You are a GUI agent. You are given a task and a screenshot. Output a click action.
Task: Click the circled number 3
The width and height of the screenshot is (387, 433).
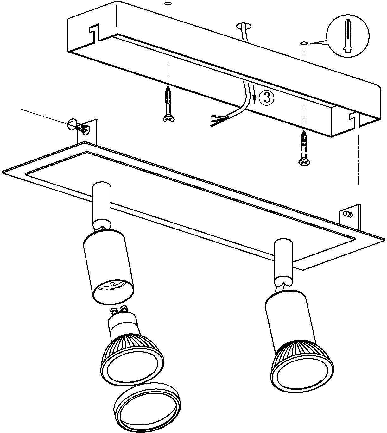pyautogui.click(x=266, y=98)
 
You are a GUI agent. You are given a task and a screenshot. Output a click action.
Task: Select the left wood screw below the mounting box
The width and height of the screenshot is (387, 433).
pyautogui.click(x=168, y=104)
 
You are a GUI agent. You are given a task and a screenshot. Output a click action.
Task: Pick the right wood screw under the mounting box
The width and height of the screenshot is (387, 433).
pyautogui.click(x=304, y=148)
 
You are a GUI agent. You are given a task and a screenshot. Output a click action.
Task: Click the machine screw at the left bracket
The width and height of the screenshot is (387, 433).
pyautogui.click(x=79, y=127)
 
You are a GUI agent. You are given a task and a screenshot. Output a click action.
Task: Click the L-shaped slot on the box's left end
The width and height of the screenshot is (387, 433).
pyautogui.click(x=94, y=32)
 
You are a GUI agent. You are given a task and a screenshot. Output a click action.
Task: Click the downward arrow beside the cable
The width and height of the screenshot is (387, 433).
pyautogui.click(x=254, y=94)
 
